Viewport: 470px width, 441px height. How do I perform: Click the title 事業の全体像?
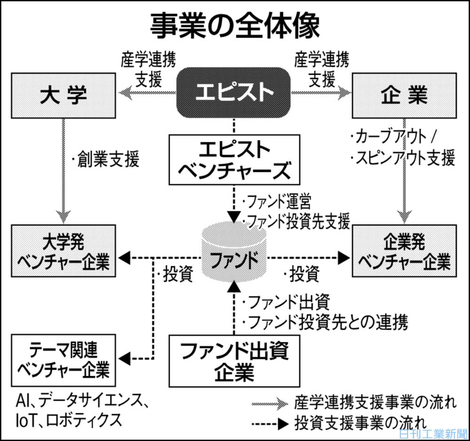[x=235, y=25]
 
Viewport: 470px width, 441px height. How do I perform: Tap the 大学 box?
[x=63, y=94]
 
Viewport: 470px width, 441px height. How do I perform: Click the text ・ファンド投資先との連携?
[x=324, y=322]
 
